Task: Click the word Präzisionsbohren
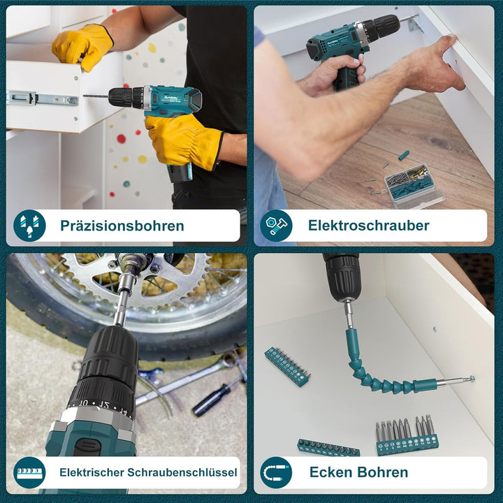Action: (x=122, y=226)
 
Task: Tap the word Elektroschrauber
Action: (x=369, y=225)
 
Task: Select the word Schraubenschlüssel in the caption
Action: (x=182, y=472)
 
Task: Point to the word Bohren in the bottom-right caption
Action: (x=383, y=472)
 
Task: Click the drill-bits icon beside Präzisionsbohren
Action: (x=29, y=226)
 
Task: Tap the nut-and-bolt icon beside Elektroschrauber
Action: (x=276, y=226)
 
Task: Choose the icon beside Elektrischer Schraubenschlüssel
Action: (x=29, y=472)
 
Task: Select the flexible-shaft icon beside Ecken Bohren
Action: (x=276, y=472)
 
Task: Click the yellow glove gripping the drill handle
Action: (x=183, y=141)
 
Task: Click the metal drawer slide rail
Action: (x=43, y=99)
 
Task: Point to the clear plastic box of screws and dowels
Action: (x=414, y=185)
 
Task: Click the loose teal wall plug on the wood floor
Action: (x=404, y=156)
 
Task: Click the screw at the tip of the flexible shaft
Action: (x=472, y=379)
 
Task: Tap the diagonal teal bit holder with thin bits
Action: (x=287, y=366)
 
